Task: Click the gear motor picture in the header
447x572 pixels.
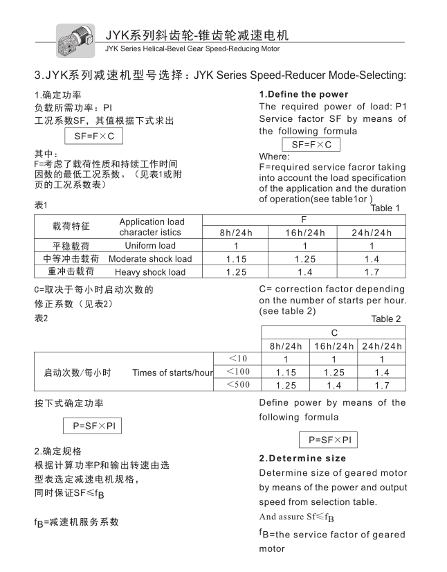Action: pos(75,39)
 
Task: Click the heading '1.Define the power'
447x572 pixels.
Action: pos(304,94)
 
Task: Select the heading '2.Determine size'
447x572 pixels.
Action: pos(302,458)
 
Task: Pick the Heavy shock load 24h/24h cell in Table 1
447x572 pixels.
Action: pos(372,272)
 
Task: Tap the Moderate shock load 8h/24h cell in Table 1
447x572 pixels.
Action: pos(236,259)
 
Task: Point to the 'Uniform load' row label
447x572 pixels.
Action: pos(150,246)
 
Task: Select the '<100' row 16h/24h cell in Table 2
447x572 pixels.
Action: pos(334,373)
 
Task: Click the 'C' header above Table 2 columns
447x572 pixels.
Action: pos(334,332)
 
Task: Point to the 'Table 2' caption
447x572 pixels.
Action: pos(386,319)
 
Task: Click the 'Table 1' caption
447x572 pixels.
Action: pos(385,208)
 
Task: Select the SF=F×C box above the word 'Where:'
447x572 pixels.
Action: pos(311,145)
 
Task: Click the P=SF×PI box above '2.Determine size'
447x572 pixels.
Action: pos(328,440)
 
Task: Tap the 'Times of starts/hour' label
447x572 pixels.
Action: pos(172,373)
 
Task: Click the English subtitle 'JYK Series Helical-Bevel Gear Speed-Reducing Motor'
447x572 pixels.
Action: pos(192,48)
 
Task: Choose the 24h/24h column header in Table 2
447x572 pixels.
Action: pos(381,346)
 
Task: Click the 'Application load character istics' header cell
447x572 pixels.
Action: pos(152,227)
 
